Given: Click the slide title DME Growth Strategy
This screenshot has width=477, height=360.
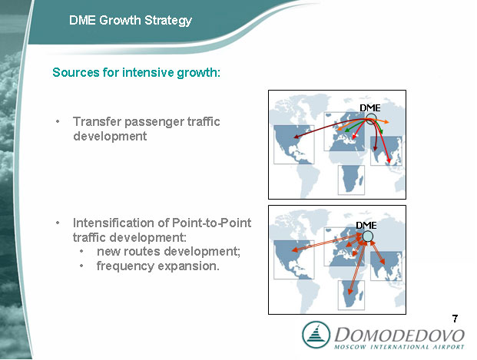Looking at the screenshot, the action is coord(131,21).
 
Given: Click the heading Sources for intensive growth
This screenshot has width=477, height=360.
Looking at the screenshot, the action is coord(136,72).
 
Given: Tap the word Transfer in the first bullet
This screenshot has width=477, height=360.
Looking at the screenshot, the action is coord(97,121).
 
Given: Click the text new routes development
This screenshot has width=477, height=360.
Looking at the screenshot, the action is coord(168,252).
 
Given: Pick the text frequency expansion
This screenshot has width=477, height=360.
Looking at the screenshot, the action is coord(158,266).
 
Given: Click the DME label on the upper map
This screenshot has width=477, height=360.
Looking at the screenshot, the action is coord(370,108).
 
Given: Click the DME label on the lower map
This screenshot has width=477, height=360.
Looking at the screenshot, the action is coord(366,226).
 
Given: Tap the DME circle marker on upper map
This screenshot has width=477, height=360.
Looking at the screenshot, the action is coord(371,118).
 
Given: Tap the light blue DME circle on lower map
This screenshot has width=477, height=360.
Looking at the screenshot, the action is coord(367,236).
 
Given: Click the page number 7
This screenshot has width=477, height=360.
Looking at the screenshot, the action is coord(455,319).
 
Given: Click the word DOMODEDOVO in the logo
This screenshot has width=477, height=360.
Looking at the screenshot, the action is coord(399,335).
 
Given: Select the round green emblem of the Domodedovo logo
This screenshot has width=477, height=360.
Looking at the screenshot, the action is coord(316,335).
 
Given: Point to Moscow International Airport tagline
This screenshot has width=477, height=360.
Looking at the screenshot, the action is coord(399,347).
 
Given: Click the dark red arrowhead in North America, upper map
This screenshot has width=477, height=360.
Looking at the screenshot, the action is coord(296,137).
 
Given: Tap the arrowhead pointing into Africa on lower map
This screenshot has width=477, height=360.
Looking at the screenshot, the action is coord(350,292).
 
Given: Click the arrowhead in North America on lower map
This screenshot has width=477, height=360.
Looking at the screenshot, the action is coord(294,250).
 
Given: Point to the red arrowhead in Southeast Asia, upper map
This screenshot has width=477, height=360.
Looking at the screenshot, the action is coord(389,161).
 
